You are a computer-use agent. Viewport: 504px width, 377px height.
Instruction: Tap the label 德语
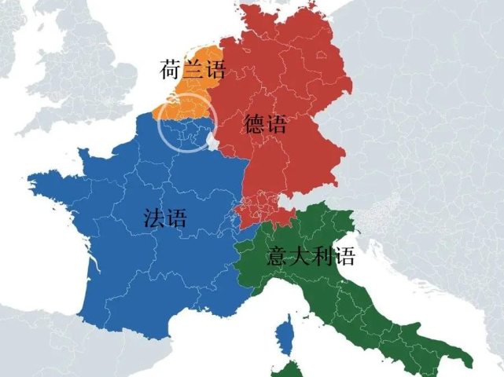(266, 125)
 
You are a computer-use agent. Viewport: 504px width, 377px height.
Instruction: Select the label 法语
(165, 218)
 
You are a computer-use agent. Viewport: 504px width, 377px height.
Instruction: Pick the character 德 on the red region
(255, 125)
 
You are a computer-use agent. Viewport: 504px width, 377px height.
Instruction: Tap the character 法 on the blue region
(155, 218)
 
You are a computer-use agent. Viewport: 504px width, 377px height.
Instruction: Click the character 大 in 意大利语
(301, 257)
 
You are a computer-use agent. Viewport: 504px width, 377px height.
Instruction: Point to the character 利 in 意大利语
(322, 257)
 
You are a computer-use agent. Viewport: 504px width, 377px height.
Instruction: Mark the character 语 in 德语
(277, 125)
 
